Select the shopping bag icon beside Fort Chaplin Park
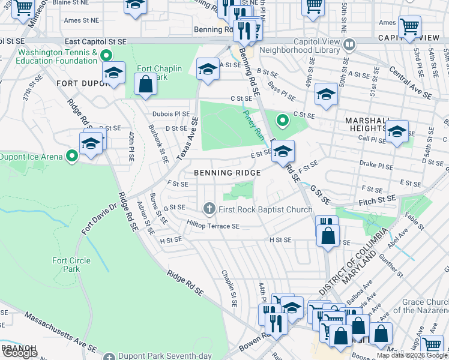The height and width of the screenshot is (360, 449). pyautogui.click(x=145, y=85)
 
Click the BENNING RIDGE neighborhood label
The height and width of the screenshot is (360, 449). pyautogui.click(x=227, y=173)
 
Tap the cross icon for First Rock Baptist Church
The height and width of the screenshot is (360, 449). pyautogui.click(x=209, y=209)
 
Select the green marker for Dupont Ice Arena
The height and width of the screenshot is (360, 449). pyautogui.click(x=73, y=157)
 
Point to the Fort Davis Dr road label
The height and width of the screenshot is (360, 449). pyautogui.click(x=98, y=220)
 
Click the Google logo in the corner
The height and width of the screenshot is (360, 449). pyautogui.click(x=19, y=353)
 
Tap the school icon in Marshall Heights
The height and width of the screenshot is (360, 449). pyautogui.click(x=396, y=131)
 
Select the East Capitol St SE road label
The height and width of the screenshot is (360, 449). pyautogui.click(x=96, y=41)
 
